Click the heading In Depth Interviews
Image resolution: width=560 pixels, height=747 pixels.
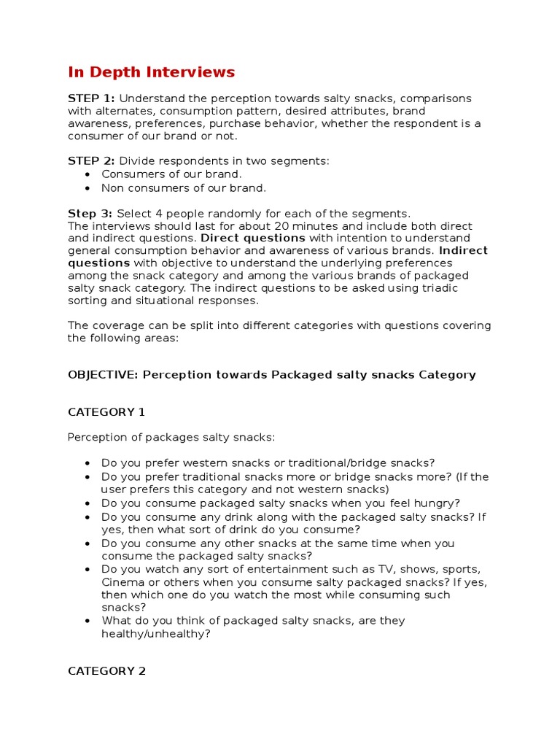151,71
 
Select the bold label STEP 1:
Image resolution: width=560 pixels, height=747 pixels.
91,98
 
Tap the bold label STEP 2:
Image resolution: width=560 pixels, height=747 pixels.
91,160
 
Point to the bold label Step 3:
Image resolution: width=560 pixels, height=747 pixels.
90,213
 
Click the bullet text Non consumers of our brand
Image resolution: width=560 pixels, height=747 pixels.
184,187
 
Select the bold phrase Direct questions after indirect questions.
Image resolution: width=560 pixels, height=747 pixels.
253,238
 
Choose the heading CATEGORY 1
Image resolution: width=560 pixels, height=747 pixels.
106,411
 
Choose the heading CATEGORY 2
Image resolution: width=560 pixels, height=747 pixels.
106,670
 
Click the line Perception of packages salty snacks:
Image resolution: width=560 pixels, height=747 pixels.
171,437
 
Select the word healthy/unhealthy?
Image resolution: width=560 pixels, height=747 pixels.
155,634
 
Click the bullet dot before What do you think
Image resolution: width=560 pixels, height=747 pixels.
87,621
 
